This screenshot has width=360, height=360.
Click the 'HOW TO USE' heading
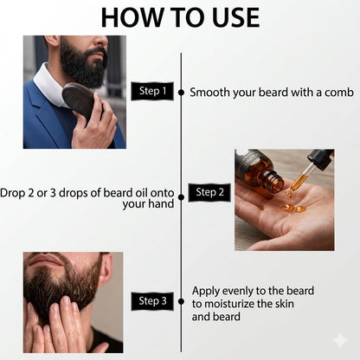[179, 16]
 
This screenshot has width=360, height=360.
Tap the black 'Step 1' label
[151, 91]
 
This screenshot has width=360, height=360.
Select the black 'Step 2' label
[209, 192]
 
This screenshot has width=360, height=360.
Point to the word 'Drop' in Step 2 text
[15, 192]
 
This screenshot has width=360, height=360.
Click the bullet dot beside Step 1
[181, 91]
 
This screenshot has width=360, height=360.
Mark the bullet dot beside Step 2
[181, 192]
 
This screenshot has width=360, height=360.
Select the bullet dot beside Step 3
[181, 301]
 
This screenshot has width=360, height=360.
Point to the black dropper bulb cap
[320, 159]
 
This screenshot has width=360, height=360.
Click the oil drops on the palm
[292, 208]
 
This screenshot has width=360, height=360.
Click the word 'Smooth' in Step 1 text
[210, 91]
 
